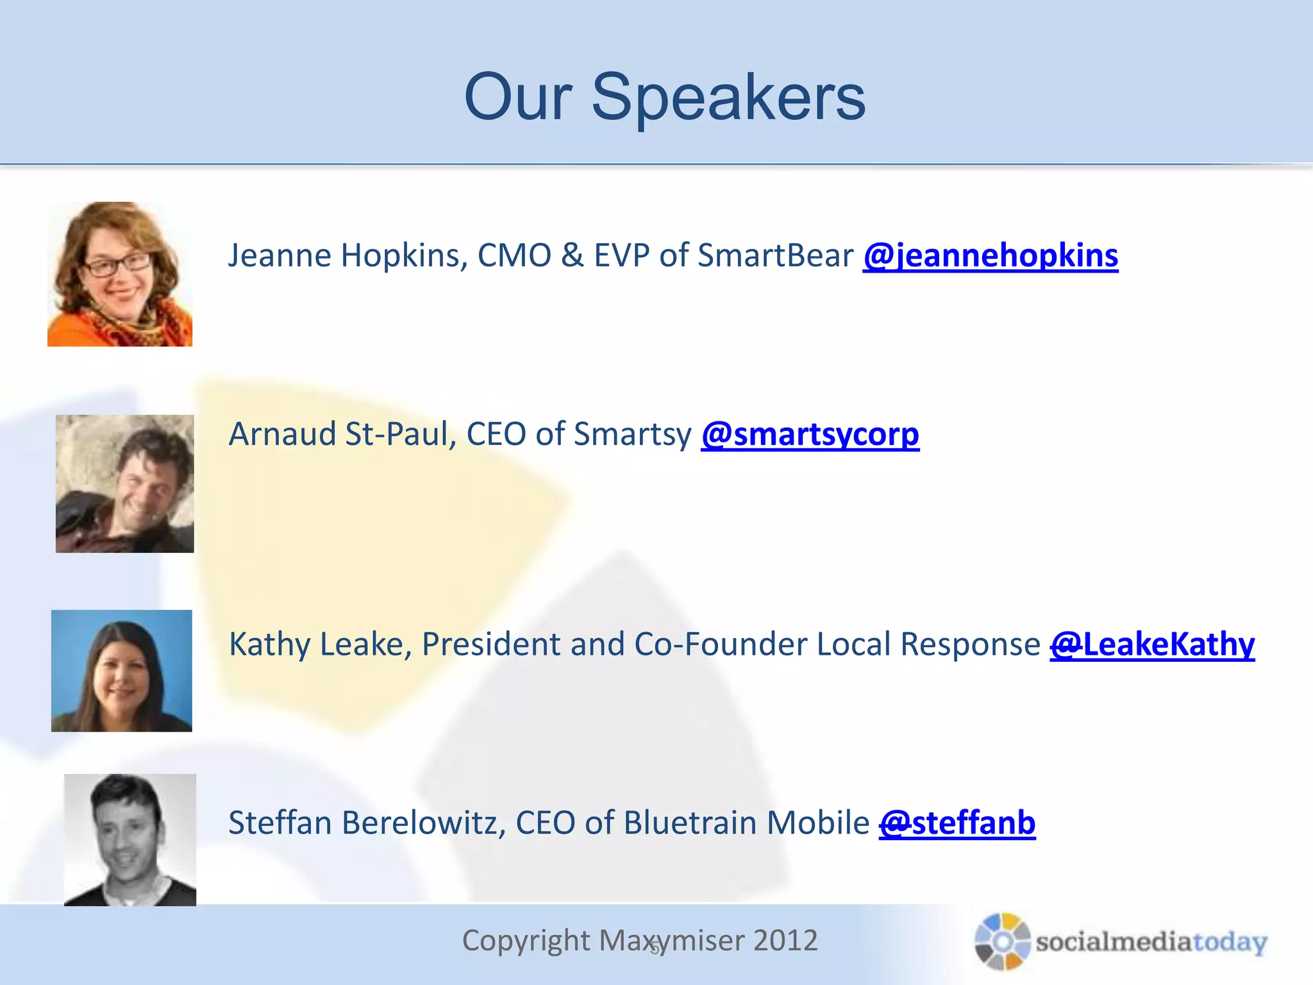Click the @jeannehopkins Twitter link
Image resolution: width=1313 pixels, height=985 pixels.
coord(991,256)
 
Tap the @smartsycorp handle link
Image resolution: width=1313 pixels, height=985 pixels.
coord(810,434)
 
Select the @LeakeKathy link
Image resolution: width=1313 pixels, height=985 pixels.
coord(1152,644)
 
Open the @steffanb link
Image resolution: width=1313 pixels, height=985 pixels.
coord(957,823)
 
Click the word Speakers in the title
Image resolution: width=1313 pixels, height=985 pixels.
coord(728,97)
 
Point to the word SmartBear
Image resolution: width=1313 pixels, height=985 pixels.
coord(775,256)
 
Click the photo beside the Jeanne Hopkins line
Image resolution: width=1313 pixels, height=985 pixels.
coord(120,274)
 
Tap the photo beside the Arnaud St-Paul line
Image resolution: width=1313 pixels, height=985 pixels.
coord(124,484)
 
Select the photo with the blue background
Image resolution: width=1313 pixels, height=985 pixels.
coord(122,671)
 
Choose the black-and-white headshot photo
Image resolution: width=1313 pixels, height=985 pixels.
coord(130,840)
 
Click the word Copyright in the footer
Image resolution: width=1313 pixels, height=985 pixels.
coord(526,941)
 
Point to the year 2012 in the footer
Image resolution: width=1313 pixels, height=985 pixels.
coord(785,941)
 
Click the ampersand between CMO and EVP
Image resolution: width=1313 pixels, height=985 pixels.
coord(573,256)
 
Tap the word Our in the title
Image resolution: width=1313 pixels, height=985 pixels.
coord(518,97)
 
